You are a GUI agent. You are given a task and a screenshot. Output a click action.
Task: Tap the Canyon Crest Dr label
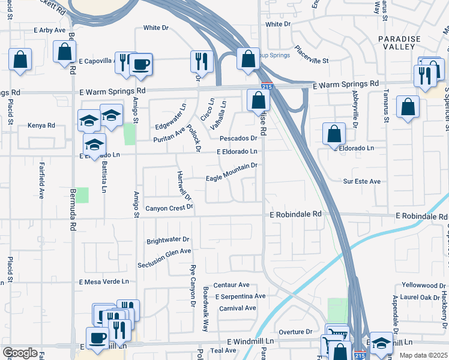pyautogui.click(x=170, y=208)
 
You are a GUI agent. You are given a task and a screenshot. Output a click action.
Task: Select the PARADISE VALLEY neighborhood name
pyautogui.click(x=397, y=42)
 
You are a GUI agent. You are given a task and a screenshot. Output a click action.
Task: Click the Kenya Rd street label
pyautogui.click(x=41, y=126)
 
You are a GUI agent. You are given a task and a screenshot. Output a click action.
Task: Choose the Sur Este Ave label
pyautogui.click(x=362, y=181)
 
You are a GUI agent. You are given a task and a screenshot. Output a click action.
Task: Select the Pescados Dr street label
pyautogui.click(x=238, y=139)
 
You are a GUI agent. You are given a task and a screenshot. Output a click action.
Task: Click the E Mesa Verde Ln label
pyautogui.click(x=104, y=281)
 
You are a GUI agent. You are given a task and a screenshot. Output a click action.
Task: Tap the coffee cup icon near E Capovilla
pyautogui.click(x=141, y=64)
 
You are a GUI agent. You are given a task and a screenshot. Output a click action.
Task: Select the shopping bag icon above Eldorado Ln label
pyautogui.click(x=334, y=134)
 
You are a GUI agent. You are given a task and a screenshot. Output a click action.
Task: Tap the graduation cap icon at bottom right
pyautogui.click(x=381, y=343)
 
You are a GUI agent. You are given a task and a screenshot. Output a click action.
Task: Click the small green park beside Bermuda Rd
pyautogui.click(x=82, y=195)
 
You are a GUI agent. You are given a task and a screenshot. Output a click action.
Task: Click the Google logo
pyautogui.click(x=20, y=353)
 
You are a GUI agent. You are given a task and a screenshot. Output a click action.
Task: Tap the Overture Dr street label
pyautogui.click(x=296, y=331)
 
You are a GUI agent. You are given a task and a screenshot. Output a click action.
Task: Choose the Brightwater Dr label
pyautogui.click(x=168, y=241)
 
